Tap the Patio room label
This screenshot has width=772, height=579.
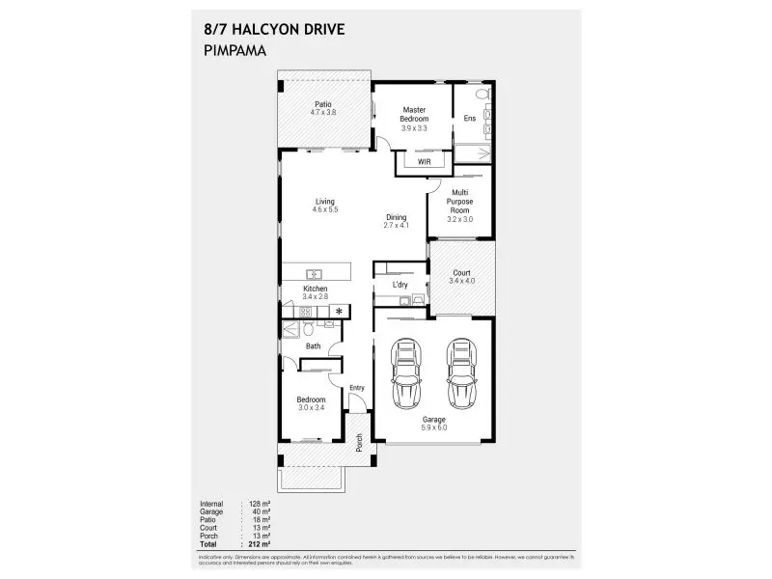323,104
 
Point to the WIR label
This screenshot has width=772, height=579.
423,162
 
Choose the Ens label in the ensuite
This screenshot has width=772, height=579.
470,119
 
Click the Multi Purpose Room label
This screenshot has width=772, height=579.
460,201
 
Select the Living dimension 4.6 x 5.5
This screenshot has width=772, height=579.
324,209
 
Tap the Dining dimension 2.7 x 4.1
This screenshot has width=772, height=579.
396,225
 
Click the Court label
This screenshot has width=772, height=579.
461,273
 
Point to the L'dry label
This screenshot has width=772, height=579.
399,286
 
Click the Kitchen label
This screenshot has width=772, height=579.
316,289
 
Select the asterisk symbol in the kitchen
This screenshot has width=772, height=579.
339,311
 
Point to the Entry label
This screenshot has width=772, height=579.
357,388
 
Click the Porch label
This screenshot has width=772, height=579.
359,442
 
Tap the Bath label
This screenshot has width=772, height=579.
314,345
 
